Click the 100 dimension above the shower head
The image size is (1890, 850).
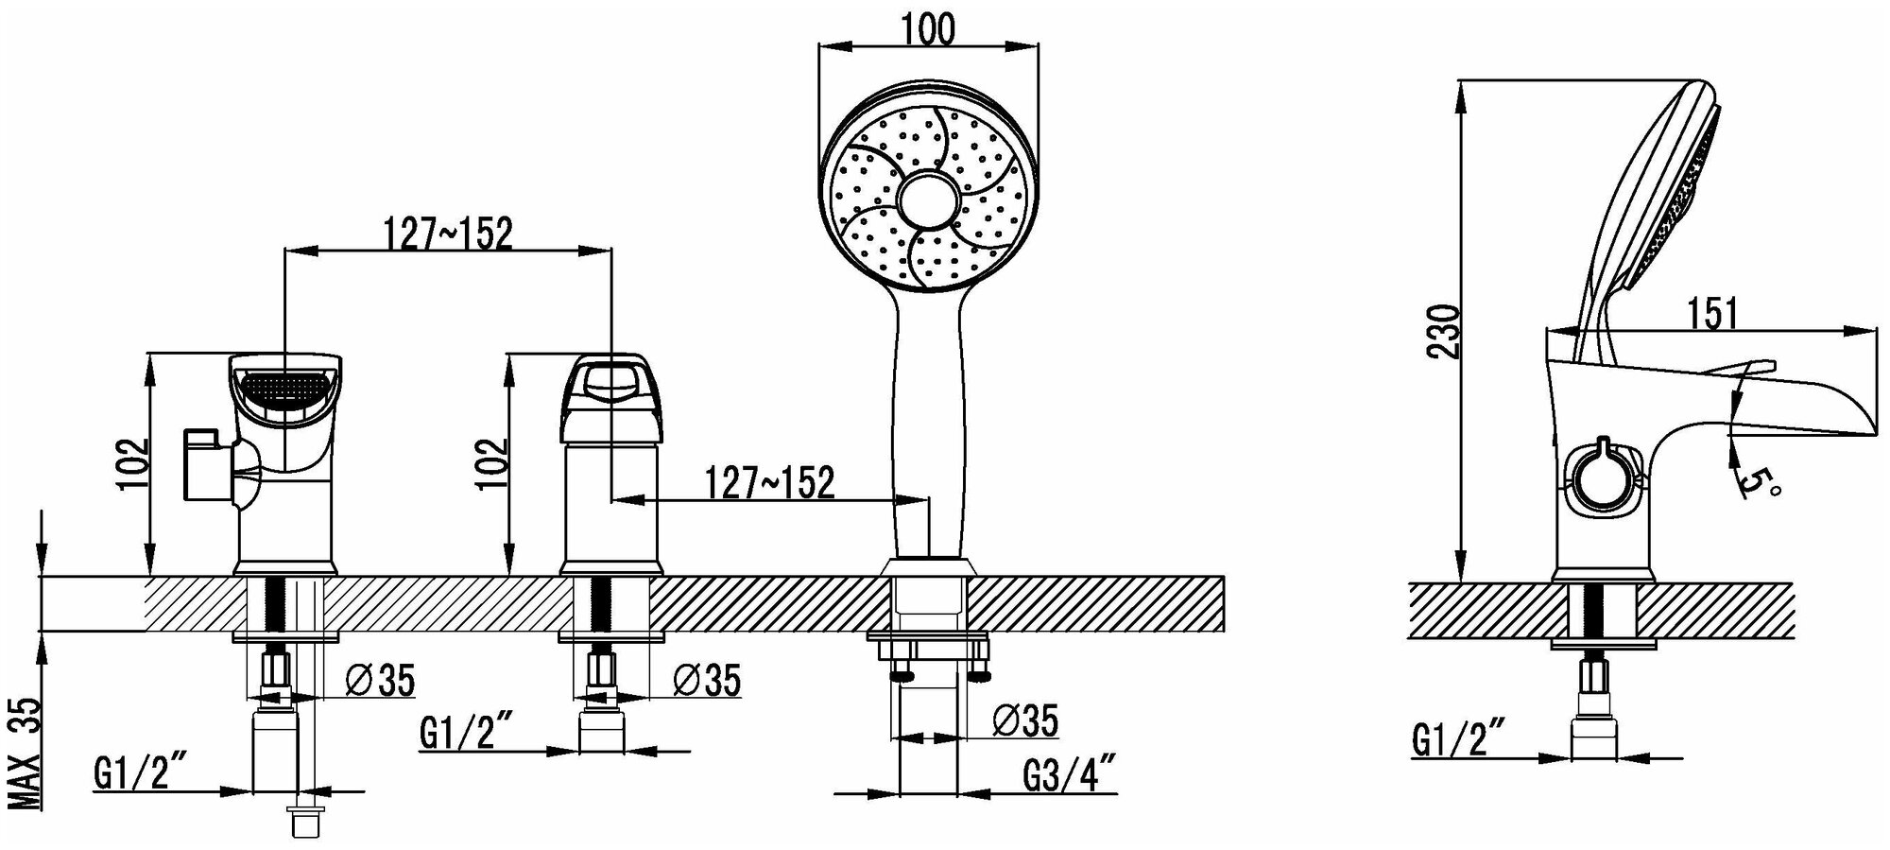928,30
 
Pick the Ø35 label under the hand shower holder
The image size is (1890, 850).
1026,721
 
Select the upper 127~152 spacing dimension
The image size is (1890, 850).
447,234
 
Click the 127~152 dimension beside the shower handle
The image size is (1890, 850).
770,483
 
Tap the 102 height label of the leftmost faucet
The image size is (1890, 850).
134,463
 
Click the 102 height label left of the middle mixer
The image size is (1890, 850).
491,463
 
